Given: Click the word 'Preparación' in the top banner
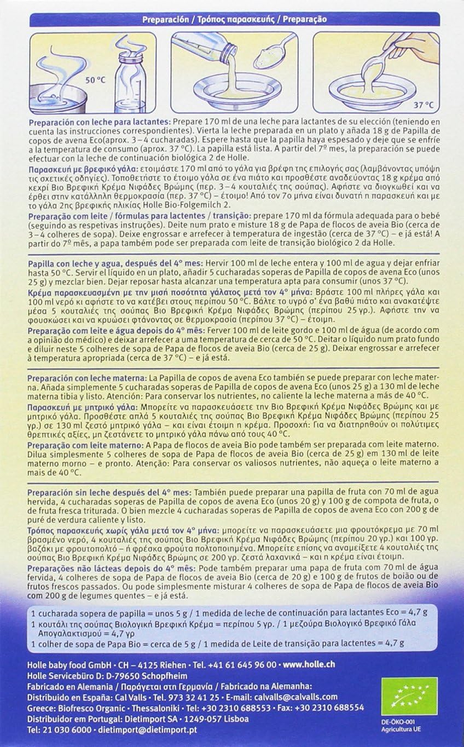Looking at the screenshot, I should [163, 19].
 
